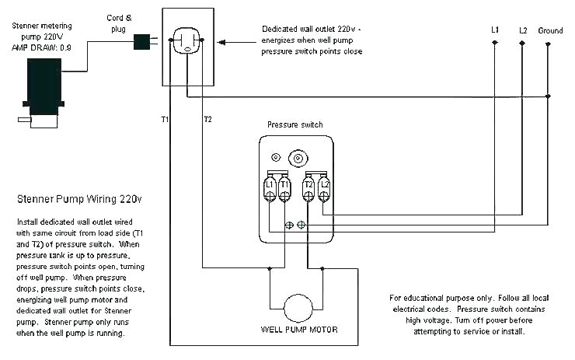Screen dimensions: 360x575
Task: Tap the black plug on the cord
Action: [x=142, y=40]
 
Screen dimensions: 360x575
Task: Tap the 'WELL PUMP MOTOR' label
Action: [x=299, y=329]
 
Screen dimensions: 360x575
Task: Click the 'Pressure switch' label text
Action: [x=294, y=124]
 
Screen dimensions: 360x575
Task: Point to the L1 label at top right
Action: [x=495, y=30]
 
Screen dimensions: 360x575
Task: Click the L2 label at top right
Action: [x=523, y=30]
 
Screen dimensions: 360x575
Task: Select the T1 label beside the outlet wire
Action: [x=165, y=119]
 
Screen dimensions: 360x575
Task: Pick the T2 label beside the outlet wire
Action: [x=207, y=119]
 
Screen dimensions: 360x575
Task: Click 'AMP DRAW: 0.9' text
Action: [x=41, y=47]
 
